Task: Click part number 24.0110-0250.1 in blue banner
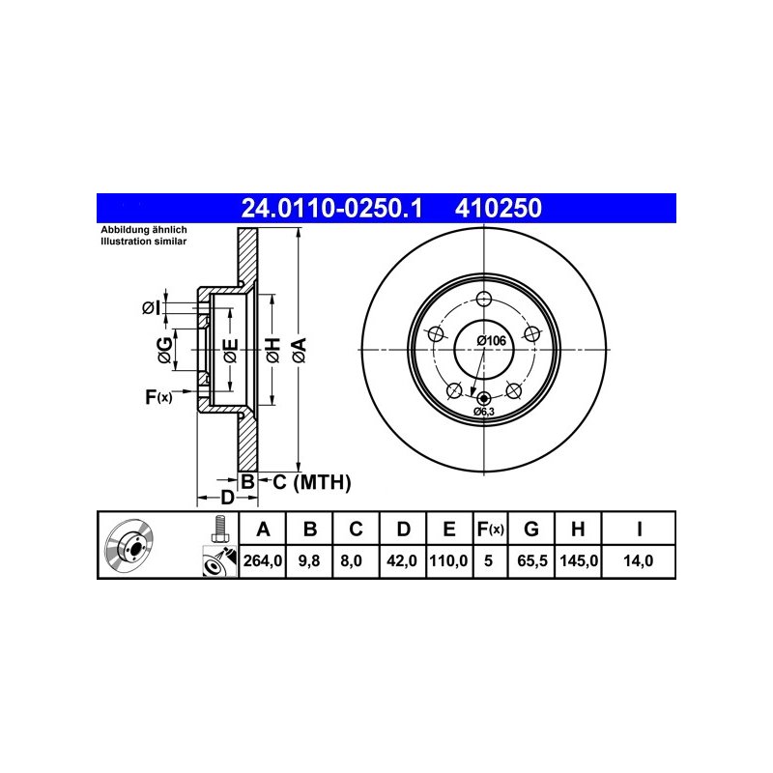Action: tap(331, 208)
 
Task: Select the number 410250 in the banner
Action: tap(499, 208)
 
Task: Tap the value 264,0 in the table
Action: tap(262, 560)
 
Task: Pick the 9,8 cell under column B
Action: tap(309, 560)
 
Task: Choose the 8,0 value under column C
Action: tap(351, 560)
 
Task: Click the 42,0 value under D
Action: tap(402, 560)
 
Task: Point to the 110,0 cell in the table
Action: tap(448, 560)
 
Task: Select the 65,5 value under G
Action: tap(532, 560)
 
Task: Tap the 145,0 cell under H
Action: tap(579, 560)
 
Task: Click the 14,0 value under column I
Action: tap(638, 560)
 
